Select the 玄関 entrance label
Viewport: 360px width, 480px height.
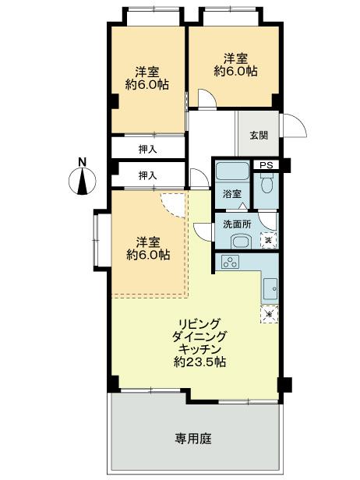(259, 134)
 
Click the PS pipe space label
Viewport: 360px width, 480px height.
(266, 165)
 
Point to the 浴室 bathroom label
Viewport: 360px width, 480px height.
(231, 193)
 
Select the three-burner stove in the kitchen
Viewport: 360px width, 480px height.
(231, 262)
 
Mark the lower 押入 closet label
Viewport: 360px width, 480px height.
(148, 175)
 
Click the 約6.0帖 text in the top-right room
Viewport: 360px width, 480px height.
(236, 71)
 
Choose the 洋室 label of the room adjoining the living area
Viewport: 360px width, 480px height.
(148, 241)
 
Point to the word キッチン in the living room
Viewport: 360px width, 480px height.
(199, 349)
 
